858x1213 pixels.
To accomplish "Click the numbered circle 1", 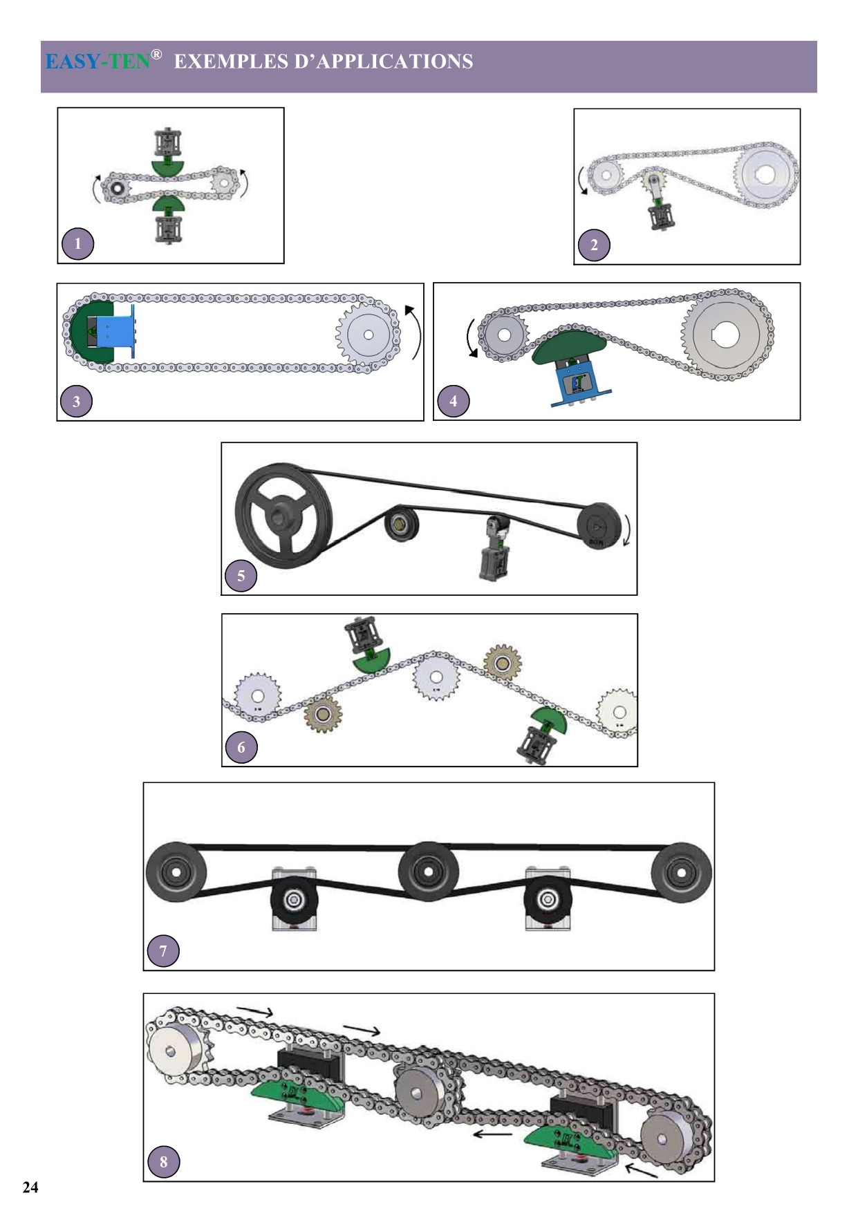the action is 77,243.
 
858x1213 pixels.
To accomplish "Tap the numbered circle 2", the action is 594,245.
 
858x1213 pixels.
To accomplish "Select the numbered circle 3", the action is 76,401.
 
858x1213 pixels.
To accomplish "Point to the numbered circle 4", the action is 453,401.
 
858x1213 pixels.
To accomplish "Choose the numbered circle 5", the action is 241,576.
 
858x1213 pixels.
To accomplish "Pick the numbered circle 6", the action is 241,747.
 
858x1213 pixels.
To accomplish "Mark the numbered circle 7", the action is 163,951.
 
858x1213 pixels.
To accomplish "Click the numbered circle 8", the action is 163,1162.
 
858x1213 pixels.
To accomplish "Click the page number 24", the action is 30,1187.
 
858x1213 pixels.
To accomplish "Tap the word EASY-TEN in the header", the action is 97,62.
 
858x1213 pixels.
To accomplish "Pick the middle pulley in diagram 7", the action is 429,871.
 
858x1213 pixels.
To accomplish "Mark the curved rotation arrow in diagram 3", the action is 414,332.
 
